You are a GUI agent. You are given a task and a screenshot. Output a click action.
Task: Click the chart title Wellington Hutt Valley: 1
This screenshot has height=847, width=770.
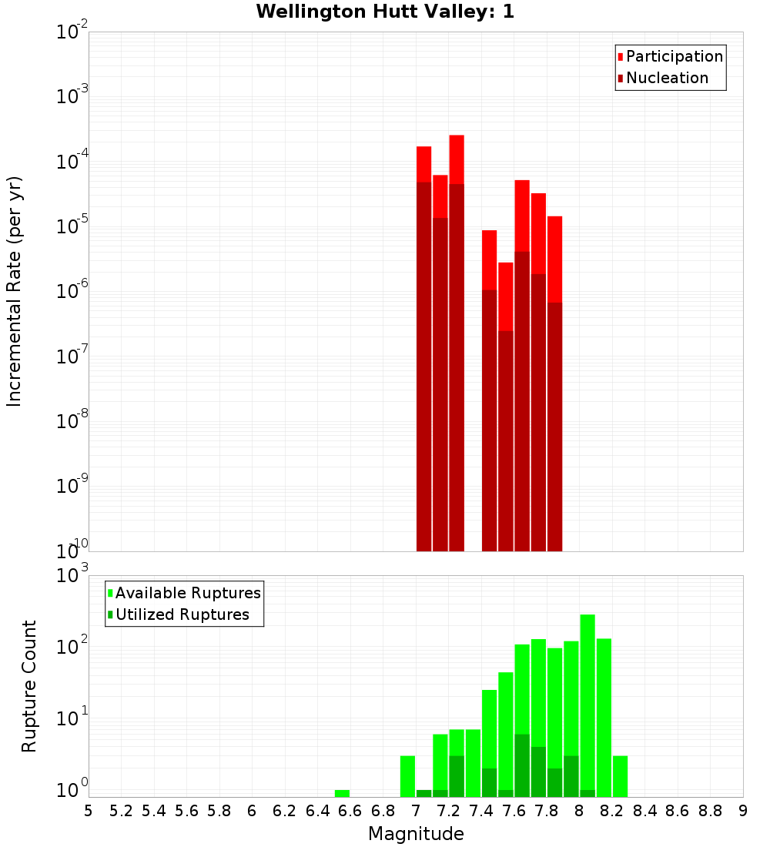[384, 12]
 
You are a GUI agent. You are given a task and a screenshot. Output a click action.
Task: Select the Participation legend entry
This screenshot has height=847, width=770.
[674, 56]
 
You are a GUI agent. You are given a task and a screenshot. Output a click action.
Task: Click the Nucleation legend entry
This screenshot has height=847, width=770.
[667, 78]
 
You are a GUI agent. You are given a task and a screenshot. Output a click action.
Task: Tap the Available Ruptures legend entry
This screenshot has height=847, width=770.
[188, 593]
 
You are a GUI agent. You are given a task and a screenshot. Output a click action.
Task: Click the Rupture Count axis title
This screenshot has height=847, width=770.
[29, 685]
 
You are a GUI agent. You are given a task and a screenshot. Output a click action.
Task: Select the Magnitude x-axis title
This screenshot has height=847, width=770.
[416, 834]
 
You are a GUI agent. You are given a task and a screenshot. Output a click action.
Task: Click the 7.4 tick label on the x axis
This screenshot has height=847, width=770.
[481, 811]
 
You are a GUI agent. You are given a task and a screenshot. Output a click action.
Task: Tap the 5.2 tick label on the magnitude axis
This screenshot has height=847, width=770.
[121, 811]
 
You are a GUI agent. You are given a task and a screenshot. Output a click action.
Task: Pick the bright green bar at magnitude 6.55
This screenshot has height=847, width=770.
[342, 793]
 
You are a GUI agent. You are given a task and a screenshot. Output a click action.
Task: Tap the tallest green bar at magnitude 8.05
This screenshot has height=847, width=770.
[588, 701]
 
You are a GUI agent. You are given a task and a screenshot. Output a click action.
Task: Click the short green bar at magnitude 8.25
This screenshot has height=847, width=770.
[620, 776]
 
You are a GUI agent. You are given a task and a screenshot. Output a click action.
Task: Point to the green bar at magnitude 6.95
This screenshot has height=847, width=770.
[407, 776]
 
